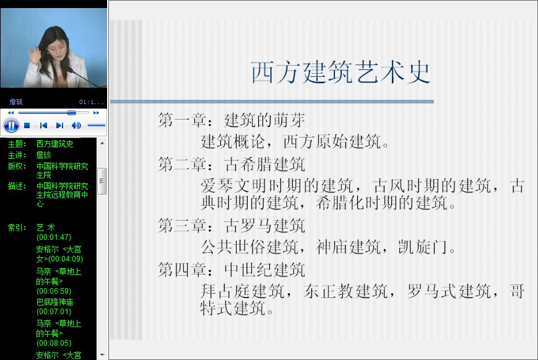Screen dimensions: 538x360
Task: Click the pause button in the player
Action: pyautogui.click(x=11, y=125)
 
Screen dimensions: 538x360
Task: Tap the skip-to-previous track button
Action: pyautogui.click(x=43, y=126)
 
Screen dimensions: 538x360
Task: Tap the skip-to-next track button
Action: pyautogui.click(x=59, y=126)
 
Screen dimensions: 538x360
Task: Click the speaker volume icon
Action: pyautogui.click(x=76, y=126)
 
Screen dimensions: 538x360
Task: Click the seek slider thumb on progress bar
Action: pyautogui.click(x=71, y=113)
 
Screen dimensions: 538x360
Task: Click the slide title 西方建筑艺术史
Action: pyautogui.click(x=341, y=72)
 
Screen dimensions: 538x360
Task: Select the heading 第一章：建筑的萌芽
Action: pyautogui.click(x=232, y=120)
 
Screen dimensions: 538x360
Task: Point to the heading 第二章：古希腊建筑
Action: pyautogui.click(x=232, y=164)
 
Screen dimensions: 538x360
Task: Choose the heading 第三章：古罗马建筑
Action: pyautogui.click(x=232, y=226)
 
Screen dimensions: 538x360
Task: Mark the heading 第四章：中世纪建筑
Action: pyautogui.click(x=232, y=270)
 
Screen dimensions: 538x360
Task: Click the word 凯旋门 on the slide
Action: pyautogui.click(x=423, y=247)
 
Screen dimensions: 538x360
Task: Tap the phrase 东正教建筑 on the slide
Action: pyautogui.click(x=346, y=291)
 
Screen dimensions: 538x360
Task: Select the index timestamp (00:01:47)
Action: pyautogui.click(x=54, y=237)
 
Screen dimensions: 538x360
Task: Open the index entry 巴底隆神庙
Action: pyautogui.click(x=54, y=302)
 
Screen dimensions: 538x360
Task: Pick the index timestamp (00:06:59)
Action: pyautogui.click(x=54, y=291)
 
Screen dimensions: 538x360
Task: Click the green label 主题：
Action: pyautogui.click(x=17, y=144)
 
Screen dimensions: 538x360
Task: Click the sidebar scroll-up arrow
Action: pyautogui.click(x=102, y=143)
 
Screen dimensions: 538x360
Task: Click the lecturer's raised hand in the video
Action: pyautogui.click(x=35, y=55)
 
